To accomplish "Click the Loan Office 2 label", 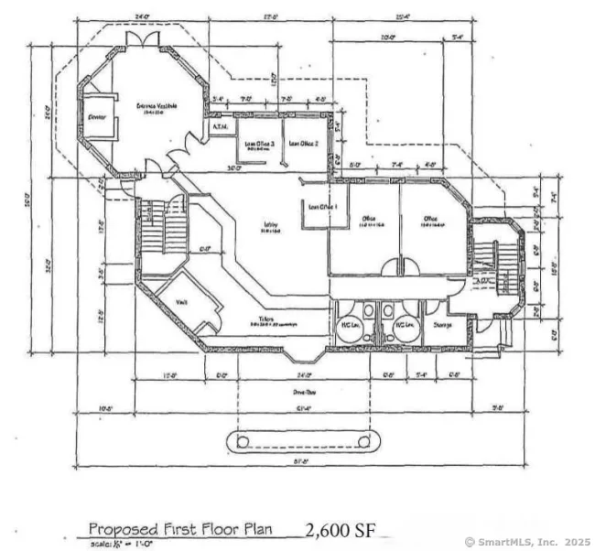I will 303,143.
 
